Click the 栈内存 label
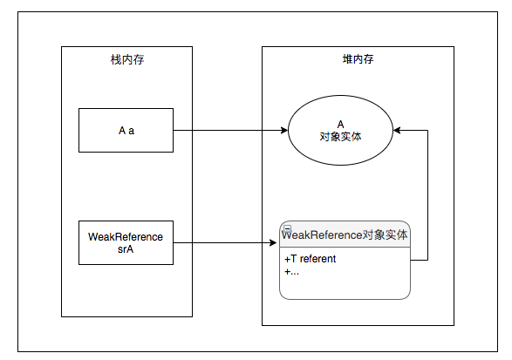(x=126, y=58)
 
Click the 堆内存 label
(x=358, y=58)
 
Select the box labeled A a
(x=126, y=131)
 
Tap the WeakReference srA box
(x=126, y=242)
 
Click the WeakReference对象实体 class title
(x=345, y=234)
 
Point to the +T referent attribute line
(x=311, y=259)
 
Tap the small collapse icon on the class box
(x=287, y=228)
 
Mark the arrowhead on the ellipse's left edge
(x=283, y=131)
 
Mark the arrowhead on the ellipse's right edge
(x=398, y=131)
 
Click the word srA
(x=126, y=248)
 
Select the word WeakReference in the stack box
(x=126, y=236)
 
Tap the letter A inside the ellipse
(x=340, y=125)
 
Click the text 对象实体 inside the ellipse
(x=340, y=137)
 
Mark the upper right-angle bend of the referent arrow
(x=427, y=131)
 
